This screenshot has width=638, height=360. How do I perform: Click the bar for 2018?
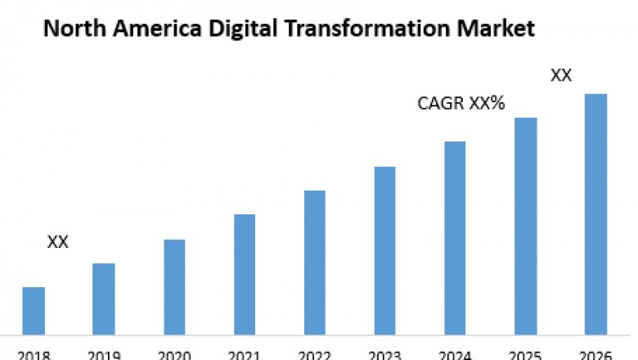pos(34,311)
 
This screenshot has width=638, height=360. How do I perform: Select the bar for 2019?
pos(104,299)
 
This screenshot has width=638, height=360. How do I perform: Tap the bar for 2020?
pos(174,287)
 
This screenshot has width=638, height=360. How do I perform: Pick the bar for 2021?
pos(245,274)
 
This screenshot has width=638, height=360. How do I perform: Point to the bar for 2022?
pos(315,263)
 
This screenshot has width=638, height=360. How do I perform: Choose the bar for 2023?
pos(385,250)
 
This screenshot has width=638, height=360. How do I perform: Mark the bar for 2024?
pos(455,238)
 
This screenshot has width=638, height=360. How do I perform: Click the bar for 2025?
pos(526,226)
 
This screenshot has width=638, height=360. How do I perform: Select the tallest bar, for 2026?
pos(596,214)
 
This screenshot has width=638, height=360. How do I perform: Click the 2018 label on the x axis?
pos(34,355)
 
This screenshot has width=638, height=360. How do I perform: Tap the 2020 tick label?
pos(174,355)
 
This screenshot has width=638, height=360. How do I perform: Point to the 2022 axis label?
pos(315,355)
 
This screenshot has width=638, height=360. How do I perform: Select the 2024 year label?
pos(455,355)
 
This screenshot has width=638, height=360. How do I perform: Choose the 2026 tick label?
pos(596,355)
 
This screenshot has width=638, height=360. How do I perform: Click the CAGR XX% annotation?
pos(461,104)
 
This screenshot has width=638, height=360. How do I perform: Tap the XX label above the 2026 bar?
pos(561,75)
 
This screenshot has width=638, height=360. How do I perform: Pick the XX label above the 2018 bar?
pos(58,242)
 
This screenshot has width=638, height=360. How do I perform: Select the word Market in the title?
pos(495,30)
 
